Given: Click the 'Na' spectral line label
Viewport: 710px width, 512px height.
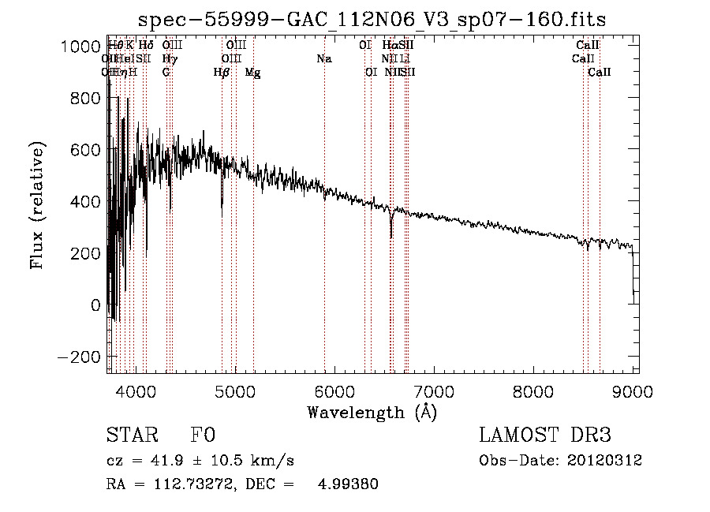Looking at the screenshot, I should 324,58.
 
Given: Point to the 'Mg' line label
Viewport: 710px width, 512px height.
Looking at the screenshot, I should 252,73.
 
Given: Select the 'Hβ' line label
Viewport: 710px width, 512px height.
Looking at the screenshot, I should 222,72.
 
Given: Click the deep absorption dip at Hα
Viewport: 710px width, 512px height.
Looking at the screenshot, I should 391,234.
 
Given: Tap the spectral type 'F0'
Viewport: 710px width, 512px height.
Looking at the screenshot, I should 203,435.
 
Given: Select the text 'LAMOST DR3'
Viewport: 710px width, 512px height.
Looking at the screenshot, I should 545,435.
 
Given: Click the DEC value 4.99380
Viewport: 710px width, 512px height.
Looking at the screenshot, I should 348,484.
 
